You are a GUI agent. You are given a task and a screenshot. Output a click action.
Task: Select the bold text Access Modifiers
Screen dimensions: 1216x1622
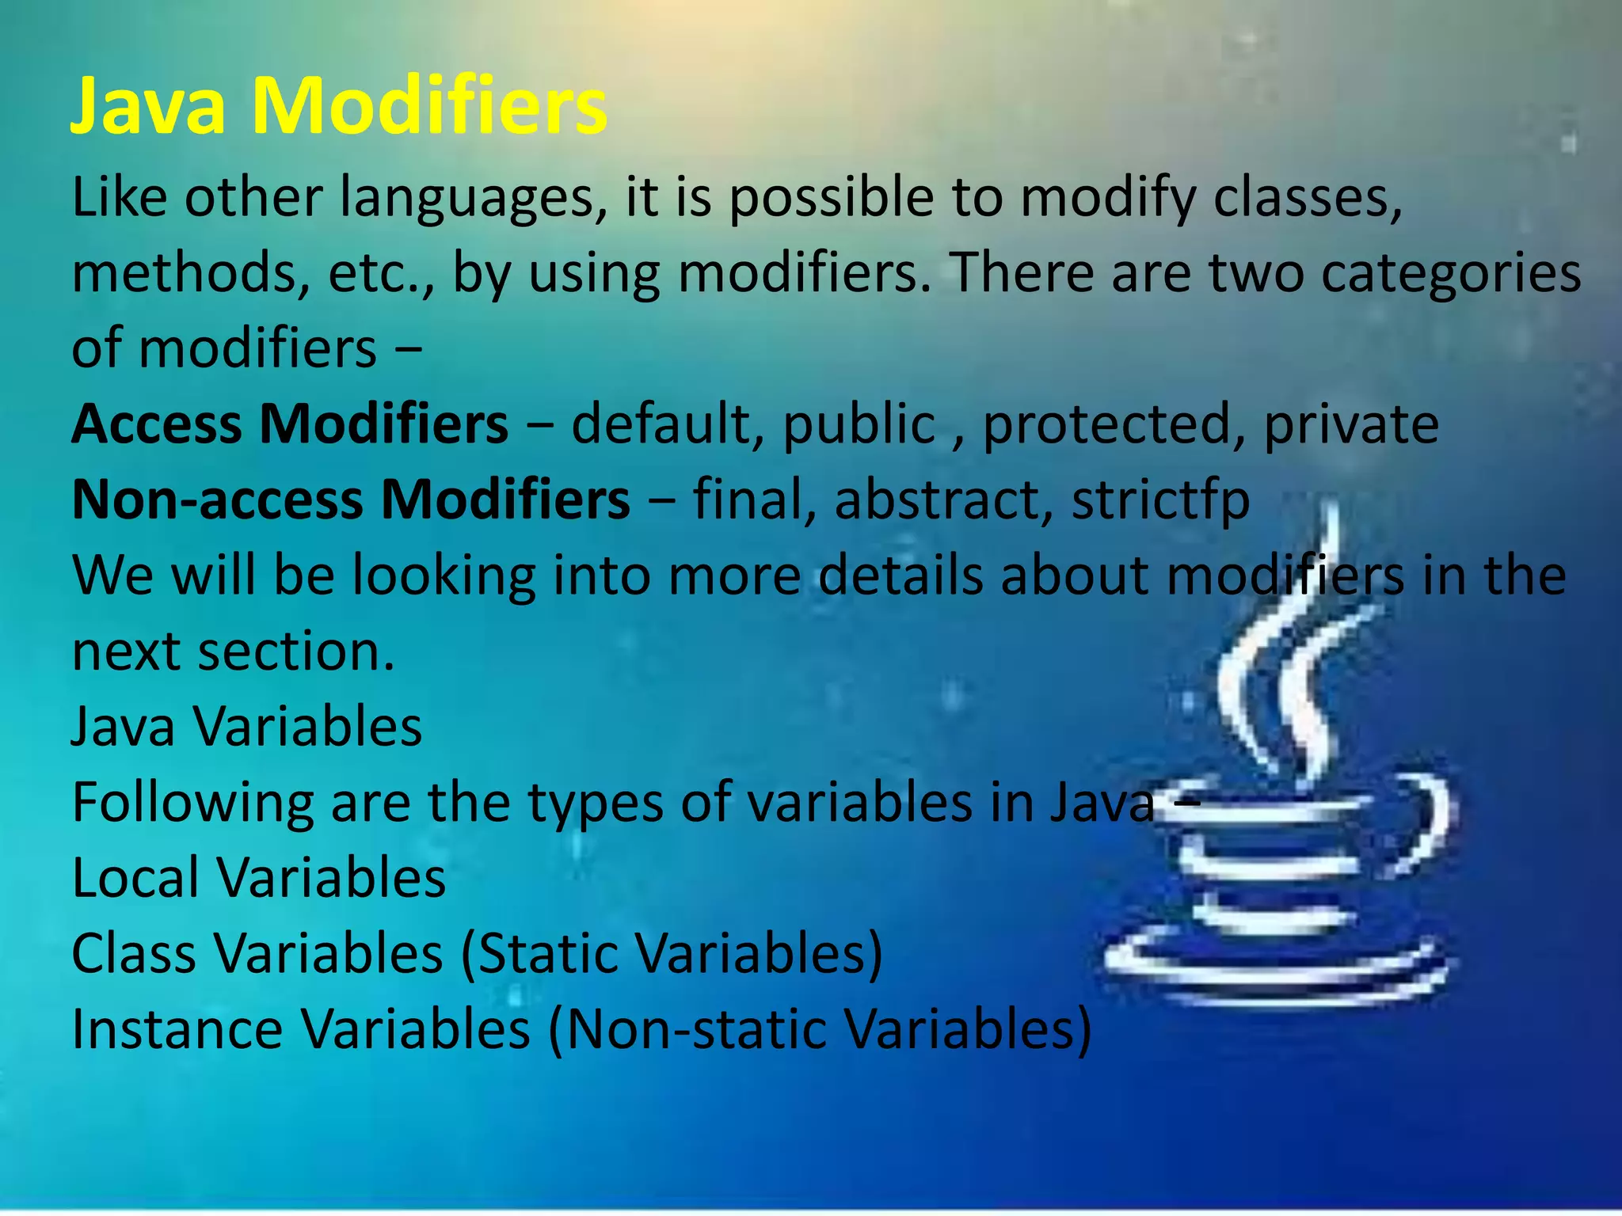290,424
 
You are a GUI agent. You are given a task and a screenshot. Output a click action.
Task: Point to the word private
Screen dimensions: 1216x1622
1350,424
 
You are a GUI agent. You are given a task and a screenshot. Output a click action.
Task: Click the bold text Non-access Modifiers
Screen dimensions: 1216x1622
351,500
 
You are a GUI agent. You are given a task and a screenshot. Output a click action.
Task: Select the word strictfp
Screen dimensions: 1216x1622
1160,500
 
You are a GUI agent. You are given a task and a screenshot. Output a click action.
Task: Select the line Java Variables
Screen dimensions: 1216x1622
246,727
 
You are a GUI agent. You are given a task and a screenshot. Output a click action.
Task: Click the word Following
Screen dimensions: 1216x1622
193,803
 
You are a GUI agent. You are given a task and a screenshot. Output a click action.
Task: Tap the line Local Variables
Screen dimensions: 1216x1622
258,878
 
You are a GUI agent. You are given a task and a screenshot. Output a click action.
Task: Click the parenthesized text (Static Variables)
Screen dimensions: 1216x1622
671,953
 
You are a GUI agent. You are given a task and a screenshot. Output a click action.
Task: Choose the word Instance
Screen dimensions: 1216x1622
177,1029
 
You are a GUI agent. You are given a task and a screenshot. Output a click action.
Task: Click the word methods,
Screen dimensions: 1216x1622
190,273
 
